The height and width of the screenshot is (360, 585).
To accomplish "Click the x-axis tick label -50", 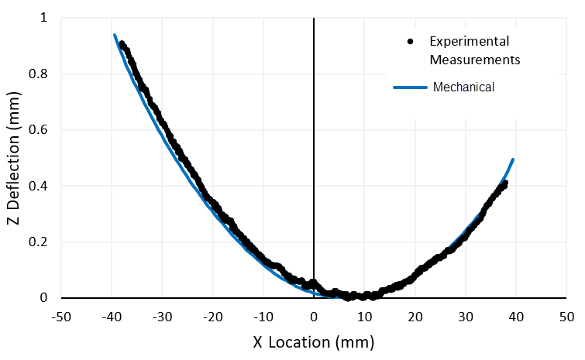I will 60,316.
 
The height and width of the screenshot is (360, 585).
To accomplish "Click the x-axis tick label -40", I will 111,316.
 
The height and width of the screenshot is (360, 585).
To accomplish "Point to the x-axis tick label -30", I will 161,316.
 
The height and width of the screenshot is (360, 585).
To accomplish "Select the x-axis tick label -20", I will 212,316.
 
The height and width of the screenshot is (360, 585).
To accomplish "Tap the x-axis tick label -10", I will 263,316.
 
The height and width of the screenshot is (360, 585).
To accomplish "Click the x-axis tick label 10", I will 364,316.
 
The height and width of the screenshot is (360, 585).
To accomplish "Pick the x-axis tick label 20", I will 415,316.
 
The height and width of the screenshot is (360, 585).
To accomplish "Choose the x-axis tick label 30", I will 465,316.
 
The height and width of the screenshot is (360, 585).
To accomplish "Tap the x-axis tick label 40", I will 516,316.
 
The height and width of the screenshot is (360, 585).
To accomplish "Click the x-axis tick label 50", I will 566,316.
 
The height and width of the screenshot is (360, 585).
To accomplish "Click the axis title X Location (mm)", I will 313,341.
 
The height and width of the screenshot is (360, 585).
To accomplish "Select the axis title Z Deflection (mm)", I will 13,159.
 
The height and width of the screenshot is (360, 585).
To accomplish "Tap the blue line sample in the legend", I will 410,87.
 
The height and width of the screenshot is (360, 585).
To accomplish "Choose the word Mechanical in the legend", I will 463,87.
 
